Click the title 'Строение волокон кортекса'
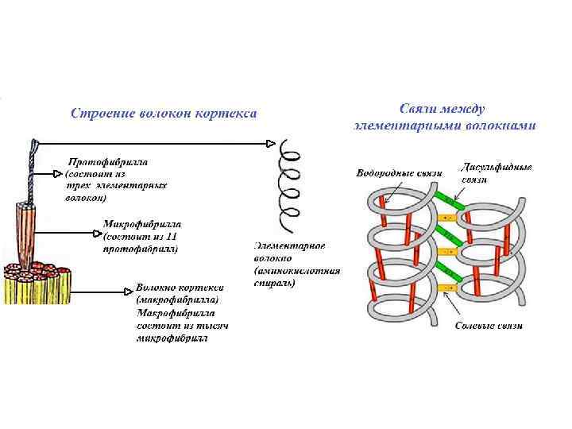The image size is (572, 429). click(164, 114)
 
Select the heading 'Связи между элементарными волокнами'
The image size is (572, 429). click(444, 116)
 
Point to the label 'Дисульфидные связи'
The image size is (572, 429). click(497, 172)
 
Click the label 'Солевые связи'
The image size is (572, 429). click(489, 327)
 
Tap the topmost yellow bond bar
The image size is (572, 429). click(447, 217)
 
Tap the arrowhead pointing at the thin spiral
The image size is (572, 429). click(270, 144)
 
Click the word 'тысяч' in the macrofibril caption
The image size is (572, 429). click(210, 327)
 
